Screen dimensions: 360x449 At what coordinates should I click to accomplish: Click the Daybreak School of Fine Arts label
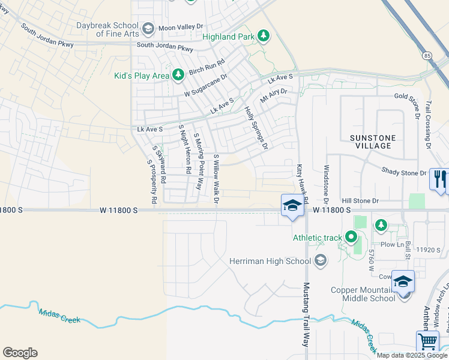click(x=107, y=29)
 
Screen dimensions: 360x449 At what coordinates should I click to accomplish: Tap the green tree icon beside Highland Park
click(x=263, y=37)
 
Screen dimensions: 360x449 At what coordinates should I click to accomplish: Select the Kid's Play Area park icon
click(x=178, y=75)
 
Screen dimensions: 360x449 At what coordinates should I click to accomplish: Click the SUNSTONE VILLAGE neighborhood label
click(x=373, y=142)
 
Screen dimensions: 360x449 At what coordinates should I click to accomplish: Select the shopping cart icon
click(x=427, y=341)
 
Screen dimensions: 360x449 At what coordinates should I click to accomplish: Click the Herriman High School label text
click(x=270, y=260)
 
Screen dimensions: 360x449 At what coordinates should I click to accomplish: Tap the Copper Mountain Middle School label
click(x=363, y=294)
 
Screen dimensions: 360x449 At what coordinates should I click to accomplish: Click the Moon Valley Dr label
click(x=182, y=28)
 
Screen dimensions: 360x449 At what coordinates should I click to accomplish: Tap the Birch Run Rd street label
click(x=206, y=67)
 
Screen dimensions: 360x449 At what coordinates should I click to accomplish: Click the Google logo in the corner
click(x=20, y=353)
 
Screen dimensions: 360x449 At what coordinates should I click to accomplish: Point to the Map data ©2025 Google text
click(x=412, y=355)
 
